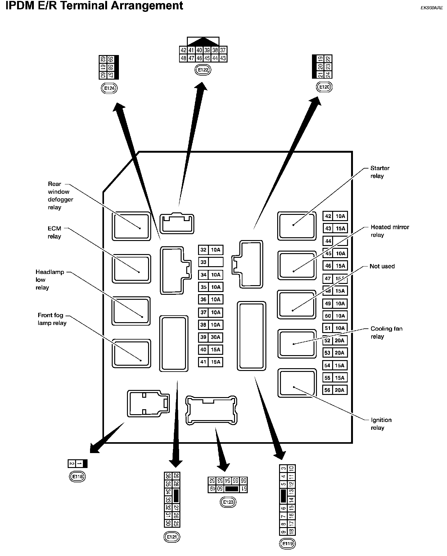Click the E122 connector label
click(x=203, y=70)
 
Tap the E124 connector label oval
click(x=109, y=88)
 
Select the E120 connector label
click(x=324, y=87)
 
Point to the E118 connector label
click(x=77, y=476)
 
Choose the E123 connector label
click(x=228, y=502)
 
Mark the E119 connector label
click(x=287, y=544)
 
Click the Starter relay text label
click(x=379, y=172)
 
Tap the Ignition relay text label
click(x=381, y=424)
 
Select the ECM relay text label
click(x=54, y=232)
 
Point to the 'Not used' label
click(x=382, y=266)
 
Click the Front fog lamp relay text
click(x=52, y=319)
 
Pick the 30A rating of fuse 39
click(x=215, y=337)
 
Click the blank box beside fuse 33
click(x=215, y=262)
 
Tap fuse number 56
click(x=327, y=390)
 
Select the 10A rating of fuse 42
click(x=340, y=216)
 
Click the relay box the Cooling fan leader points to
click(x=296, y=344)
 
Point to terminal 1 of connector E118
click(x=79, y=464)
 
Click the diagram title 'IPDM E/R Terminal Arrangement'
click(x=94, y=5)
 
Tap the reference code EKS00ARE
click(x=431, y=8)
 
